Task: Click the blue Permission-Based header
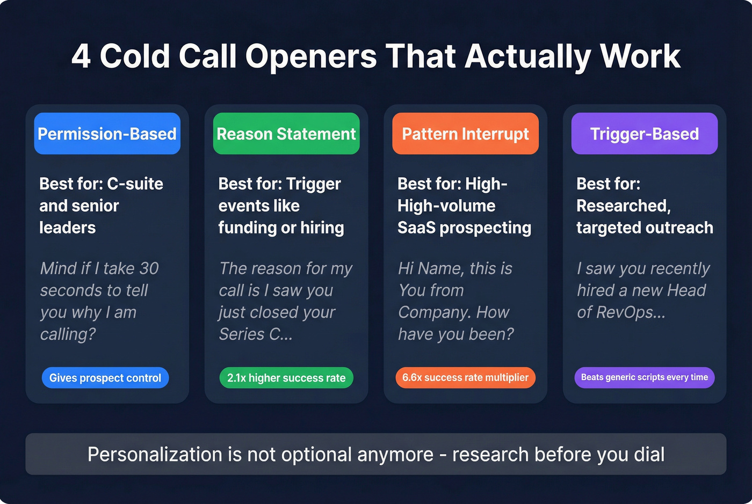pyautogui.click(x=107, y=134)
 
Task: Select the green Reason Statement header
pyautogui.click(x=286, y=134)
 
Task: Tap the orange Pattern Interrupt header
pyautogui.click(x=465, y=134)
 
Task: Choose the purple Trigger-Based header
pyautogui.click(x=644, y=134)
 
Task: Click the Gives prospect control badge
pyautogui.click(x=105, y=378)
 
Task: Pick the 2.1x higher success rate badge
pyautogui.click(x=286, y=378)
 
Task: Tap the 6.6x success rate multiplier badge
pyautogui.click(x=465, y=377)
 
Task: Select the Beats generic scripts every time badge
pyautogui.click(x=644, y=377)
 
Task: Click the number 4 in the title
pyautogui.click(x=81, y=56)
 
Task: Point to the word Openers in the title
pyautogui.click(x=311, y=56)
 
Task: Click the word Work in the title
pyautogui.click(x=640, y=56)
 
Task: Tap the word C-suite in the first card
pyautogui.click(x=135, y=184)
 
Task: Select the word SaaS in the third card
pyautogui.click(x=416, y=228)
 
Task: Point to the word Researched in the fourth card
pyautogui.click(x=623, y=206)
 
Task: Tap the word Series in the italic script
pyautogui.click(x=242, y=334)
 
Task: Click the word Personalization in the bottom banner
pyautogui.click(x=154, y=455)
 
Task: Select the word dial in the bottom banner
pyautogui.click(x=649, y=455)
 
